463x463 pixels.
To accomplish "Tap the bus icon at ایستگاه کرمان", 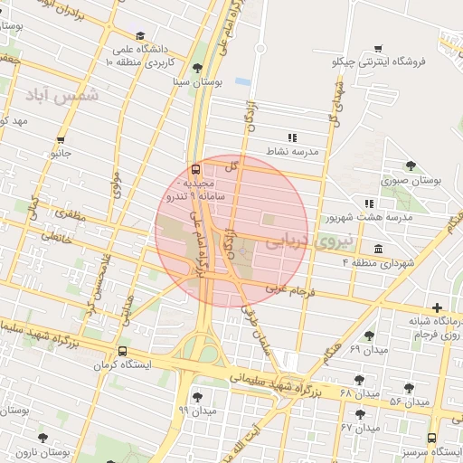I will click(x=123, y=352).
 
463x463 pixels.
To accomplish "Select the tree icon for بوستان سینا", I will click(x=198, y=68).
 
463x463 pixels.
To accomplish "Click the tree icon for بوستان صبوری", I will click(x=411, y=165).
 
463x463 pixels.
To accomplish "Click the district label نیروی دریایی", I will click(x=301, y=240).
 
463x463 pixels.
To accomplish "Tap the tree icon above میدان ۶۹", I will click(x=369, y=335).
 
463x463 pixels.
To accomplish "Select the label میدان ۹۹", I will click(x=198, y=411).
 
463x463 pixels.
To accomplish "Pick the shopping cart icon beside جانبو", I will click(x=61, y=139).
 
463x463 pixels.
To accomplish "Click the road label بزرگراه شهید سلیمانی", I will click(x=272, y=381).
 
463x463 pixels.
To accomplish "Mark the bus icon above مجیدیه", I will click(x=195, y=168).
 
